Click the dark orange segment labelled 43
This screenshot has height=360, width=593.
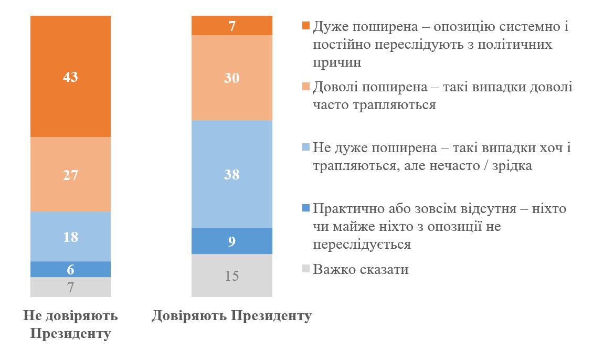(70, 77)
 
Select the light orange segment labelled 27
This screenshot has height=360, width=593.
(70, 174)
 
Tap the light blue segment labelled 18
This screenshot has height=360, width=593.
(70, 236)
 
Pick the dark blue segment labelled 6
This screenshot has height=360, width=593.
(70, 269)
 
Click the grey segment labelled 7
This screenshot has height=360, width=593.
(70, 287)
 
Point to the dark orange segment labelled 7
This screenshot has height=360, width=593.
(232, 25)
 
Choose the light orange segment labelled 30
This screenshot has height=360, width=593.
(232, 78)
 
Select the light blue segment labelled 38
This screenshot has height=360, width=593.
(232, 174)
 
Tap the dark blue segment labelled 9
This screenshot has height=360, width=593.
(232, 241)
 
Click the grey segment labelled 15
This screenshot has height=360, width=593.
(232, 276)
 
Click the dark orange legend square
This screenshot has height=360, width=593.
(306, 26)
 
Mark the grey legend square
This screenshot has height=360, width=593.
(306, 270)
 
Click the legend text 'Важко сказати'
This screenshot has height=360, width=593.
(361, 270)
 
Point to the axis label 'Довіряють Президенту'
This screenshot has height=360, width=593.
(231, 316)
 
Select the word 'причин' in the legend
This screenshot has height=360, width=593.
(337, 62)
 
